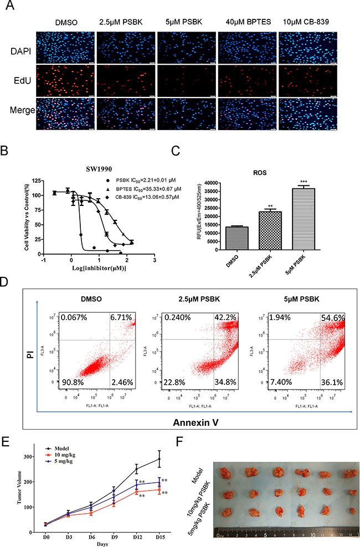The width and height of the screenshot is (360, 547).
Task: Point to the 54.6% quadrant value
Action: (x=332, y=317)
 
